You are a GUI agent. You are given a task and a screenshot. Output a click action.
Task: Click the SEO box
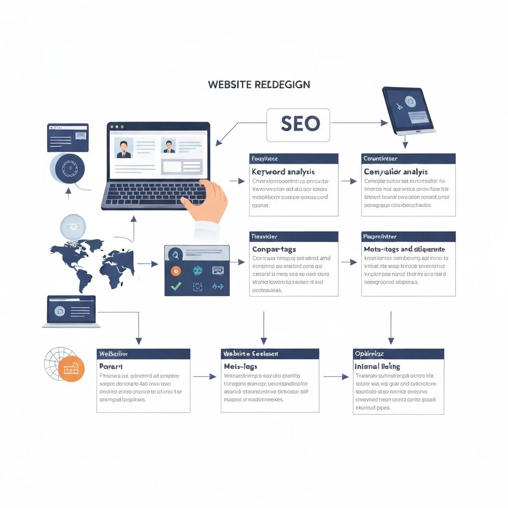(x=298, y=125)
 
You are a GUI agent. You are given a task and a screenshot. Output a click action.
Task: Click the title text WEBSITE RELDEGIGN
(x=259, y=84)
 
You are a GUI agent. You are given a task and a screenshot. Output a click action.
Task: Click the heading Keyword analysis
(x=283, y=172)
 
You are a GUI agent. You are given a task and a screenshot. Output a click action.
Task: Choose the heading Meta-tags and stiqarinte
(x=404, y=249)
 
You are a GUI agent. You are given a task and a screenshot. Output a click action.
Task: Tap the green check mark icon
(x=176, y=286)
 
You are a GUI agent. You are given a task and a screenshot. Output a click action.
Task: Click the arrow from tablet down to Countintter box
(x=405, y=142)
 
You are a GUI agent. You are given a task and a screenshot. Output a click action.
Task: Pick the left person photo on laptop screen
(x=124, y=148)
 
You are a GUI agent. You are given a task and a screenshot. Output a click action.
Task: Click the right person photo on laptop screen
(x=170, y=146)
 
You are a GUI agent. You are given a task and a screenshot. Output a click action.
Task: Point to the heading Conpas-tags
(x=274, y=249)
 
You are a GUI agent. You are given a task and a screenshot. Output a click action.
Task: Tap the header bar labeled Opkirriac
(x=398, y=354)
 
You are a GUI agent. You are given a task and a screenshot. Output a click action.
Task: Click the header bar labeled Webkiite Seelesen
(x=269, y=354)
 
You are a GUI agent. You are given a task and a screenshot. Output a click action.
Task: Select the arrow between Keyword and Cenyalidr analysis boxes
(x=349, y=182)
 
